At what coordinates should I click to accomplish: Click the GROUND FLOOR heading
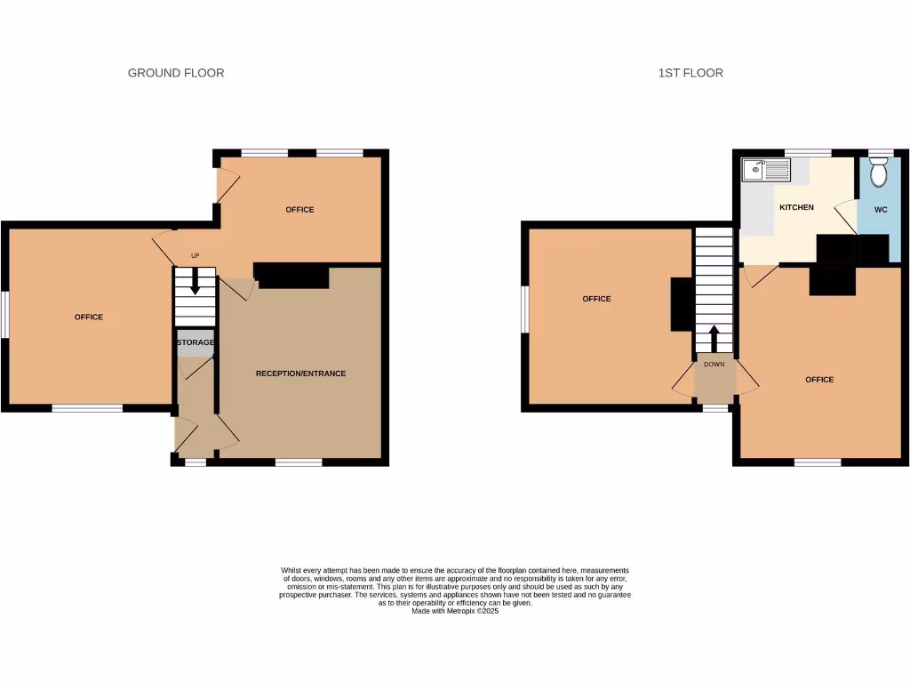click(176, 73)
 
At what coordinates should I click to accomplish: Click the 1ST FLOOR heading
click(690, 73)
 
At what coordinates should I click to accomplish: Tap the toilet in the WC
click(879, 172)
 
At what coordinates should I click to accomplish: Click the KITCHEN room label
click(796, 207)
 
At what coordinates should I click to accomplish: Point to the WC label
click(880, 210)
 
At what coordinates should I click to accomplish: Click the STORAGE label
click(196, 342)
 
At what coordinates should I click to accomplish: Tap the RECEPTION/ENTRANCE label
click(300, 374)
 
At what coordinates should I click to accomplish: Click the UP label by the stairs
click(196, 256)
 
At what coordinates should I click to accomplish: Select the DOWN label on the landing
click(714, 365)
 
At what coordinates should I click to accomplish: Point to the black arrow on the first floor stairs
click(714, 338)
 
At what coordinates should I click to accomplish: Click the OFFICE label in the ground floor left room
click(89, 317)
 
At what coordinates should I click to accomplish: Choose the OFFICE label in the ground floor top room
click(299, 210)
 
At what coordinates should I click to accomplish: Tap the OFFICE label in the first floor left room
click(596, 299)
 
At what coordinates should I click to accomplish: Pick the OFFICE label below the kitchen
click(819, 380)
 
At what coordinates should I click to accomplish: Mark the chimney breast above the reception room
click(291, 276)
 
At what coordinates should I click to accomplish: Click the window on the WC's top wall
click(880, 153)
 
